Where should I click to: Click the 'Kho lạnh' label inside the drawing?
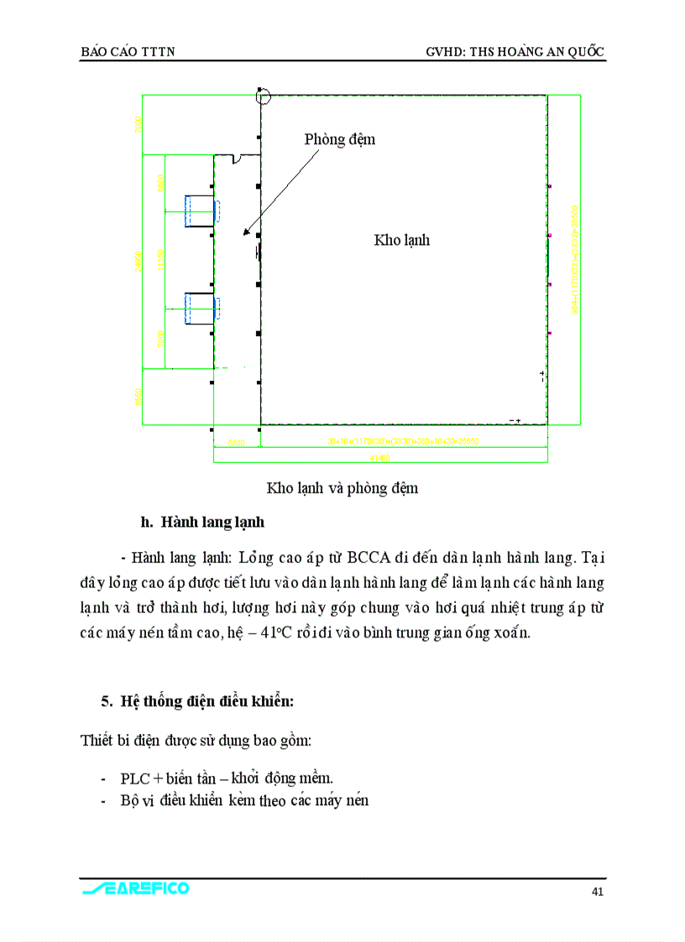pyautogui.click(x=401, y=240)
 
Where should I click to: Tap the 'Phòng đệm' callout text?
pyautogui.click(x=339, y=139)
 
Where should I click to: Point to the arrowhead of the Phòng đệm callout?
pyautogui.click(x=245, y=233)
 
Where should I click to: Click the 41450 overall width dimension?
pyautogui.click(x=380, y=457)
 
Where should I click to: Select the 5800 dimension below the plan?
pyautogui.click(x=236, y=443)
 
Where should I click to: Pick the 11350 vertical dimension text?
pyautogui.click(x=160, y=261)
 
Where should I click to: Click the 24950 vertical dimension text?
pyautogui.click(x=138, y=261)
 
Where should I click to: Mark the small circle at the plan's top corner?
pyautogui.click(x=263, y=96)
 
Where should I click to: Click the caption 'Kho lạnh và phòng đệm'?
pyautogui.click(x=342, y=488)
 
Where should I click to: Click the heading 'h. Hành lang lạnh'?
pyautogui.click(x=202, y=523)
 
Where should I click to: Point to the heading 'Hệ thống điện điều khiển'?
pyautogui.click(x=197, y=700)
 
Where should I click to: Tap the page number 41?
pyautogui.click(x=597, y=892)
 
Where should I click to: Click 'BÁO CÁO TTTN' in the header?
pyautogui.click(x=128, y=52)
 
